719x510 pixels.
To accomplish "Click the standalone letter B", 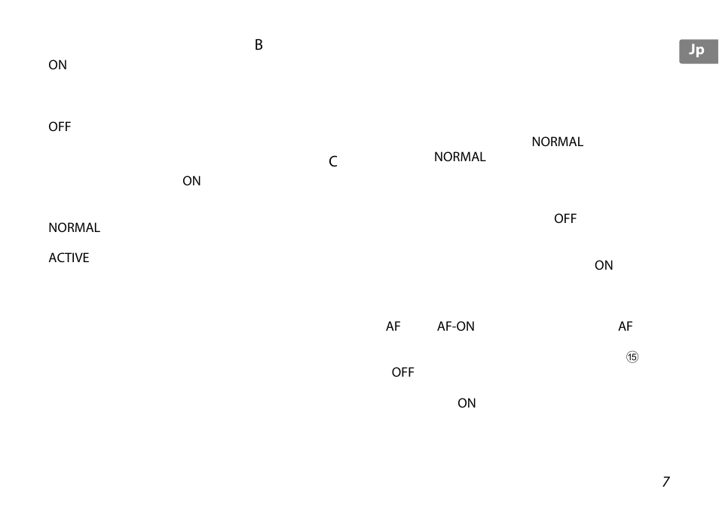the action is pos(259,45).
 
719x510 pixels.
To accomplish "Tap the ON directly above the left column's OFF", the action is pos(58,66).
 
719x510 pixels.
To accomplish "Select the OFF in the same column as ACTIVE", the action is pos(60,127).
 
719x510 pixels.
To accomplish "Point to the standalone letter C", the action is pos(333,162).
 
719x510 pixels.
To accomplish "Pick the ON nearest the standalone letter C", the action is pos(191,182).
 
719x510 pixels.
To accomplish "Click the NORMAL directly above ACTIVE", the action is pos(74,228).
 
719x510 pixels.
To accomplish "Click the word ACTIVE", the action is pos(69,258).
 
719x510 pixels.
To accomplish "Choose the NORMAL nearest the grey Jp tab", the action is pos(557,142).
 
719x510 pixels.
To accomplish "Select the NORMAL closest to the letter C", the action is pos(460,157).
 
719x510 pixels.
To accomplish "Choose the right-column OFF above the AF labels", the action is pos(565,219).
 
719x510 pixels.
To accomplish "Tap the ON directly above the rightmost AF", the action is pos(604,266).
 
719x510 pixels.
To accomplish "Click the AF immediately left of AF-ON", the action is pos(393,327).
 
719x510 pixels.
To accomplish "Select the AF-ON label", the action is pos(456,327).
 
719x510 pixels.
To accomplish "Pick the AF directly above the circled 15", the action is pos(626,327).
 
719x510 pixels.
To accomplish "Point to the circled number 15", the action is pos(632,358).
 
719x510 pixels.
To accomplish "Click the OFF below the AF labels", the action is pos(402,373).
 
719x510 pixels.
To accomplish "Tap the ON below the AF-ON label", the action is pos(467,404).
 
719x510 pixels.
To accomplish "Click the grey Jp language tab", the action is pos(698,51).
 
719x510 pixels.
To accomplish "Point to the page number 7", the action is pos(665,482).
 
